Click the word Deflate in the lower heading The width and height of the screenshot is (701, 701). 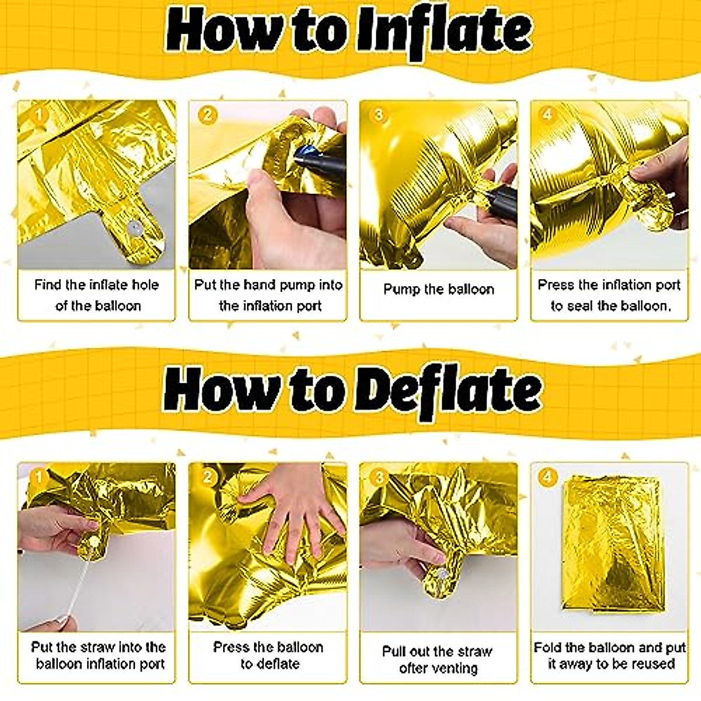click(x=449, y=390)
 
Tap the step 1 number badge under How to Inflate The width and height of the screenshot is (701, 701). click(x=38, y=114)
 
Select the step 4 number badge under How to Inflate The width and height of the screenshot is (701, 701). click(x=547, y=114)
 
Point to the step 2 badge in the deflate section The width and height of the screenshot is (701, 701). click(x=208, y=477)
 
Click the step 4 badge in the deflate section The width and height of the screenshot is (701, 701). click(x=547, y=477)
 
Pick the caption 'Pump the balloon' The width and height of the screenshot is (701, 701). click(x=438, y=289)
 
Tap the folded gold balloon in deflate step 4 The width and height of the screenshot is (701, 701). click(x=610, y=543)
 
